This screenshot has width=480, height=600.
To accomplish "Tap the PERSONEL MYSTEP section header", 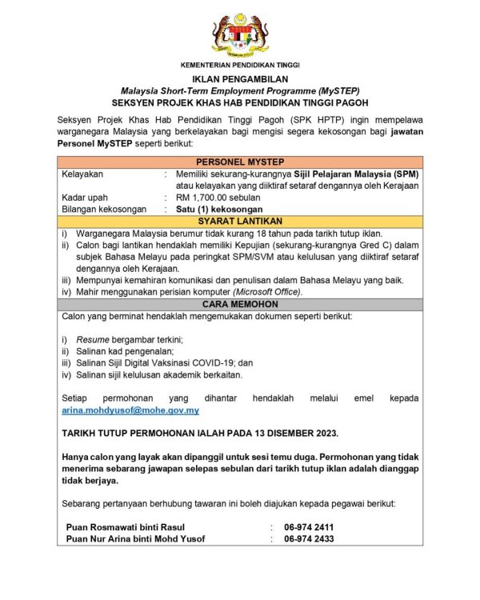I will pyautogui.click(x=240, y=162).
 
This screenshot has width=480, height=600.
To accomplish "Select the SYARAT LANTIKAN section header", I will pyautogui.click(x=240, y=221).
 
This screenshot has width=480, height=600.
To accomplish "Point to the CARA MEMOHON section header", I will pyautogui.click(x=240, y=305).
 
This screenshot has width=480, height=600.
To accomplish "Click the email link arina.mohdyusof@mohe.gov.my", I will pyautogui.click(x=130, y=410).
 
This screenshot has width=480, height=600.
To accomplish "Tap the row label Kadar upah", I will pyautogui.click(x=86, y=198).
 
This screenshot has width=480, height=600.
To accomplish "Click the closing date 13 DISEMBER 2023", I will pyautogui.click(x=293, y=433).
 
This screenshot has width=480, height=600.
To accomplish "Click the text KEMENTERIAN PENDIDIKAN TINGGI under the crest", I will pyautogui.click(x=240, y=64).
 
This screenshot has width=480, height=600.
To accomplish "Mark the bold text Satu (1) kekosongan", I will pyautogui.click(x=219, y=210).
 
